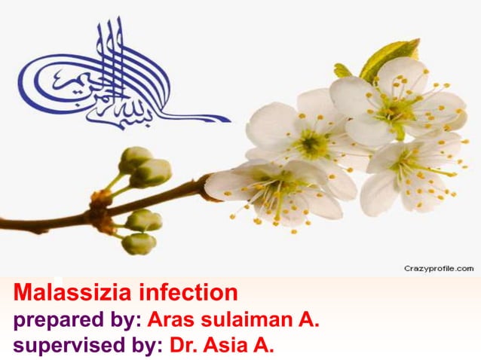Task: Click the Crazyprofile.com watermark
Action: pyautogui.click(x=438, y=268)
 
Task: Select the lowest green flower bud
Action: pyautogui.click(x=139, y=243)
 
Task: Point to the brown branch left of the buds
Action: pyautogui.click(x=45, y=222)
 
